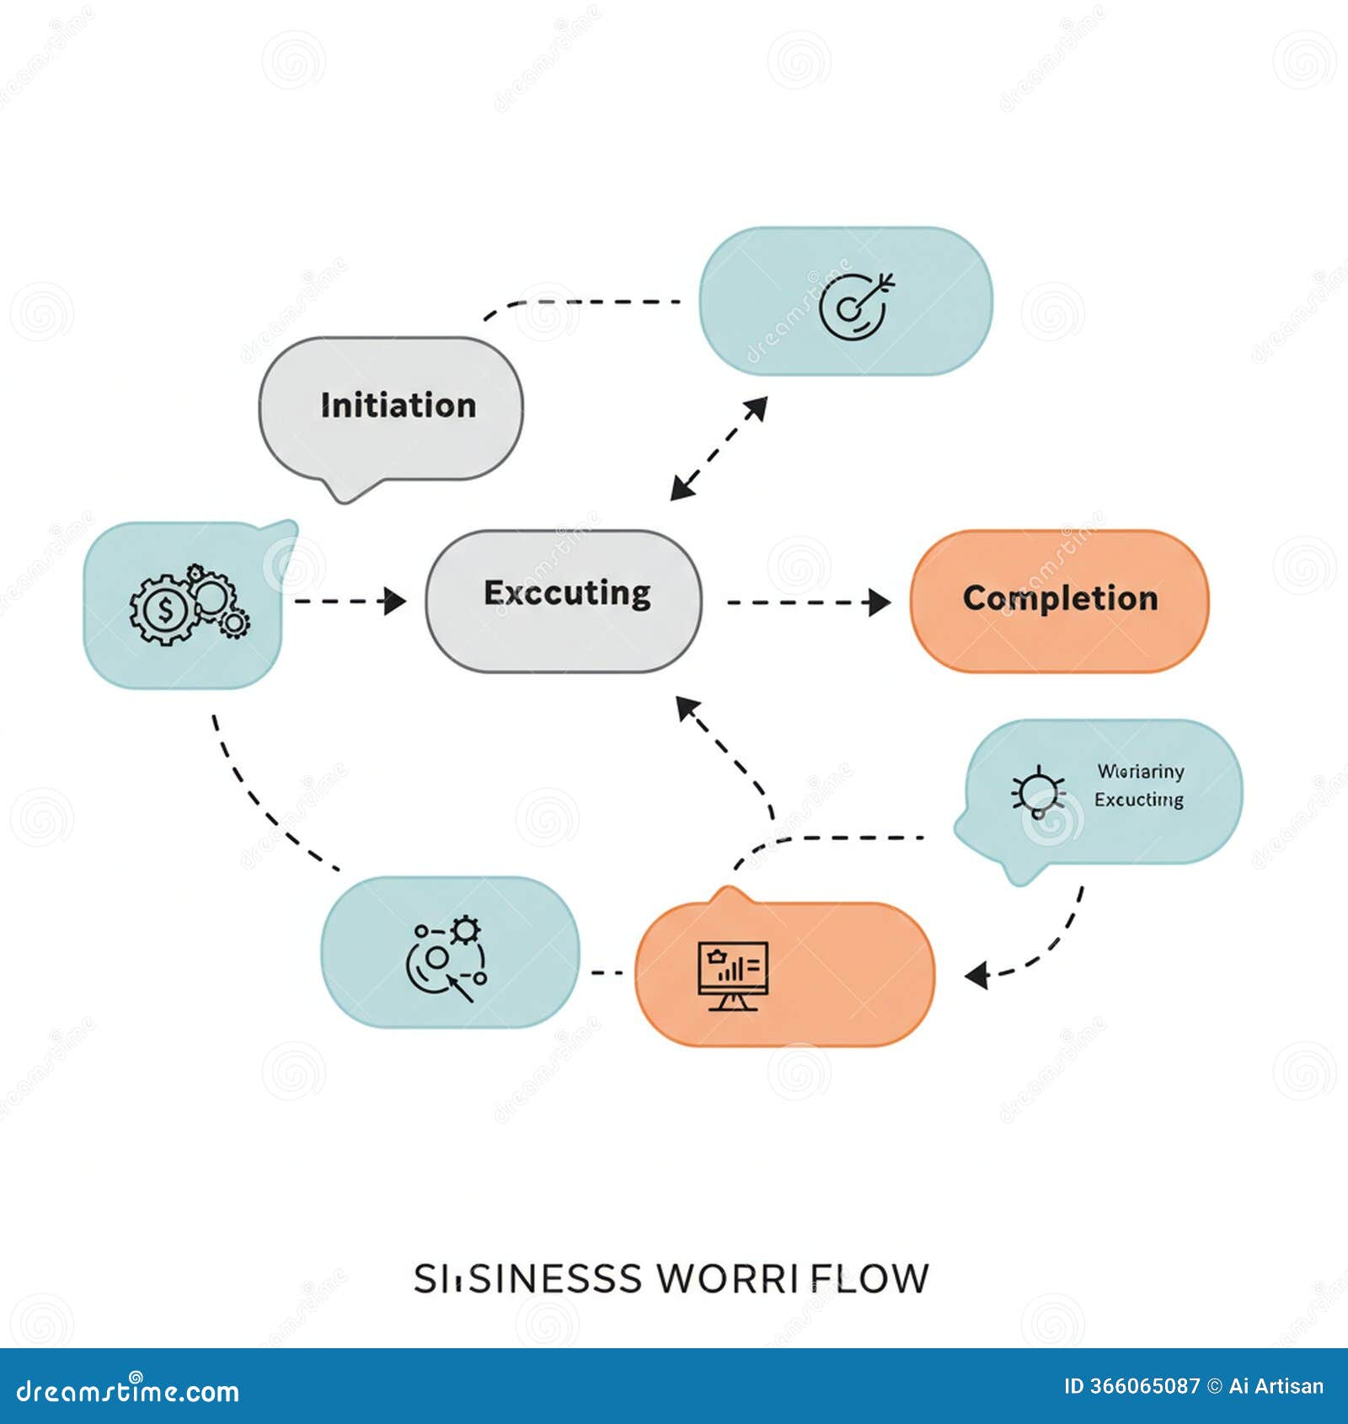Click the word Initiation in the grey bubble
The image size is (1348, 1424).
coord(398,405)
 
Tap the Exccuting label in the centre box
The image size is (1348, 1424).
coord(567,593)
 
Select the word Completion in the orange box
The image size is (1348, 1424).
coord(1060,598)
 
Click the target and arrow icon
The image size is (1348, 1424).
coord(856,306)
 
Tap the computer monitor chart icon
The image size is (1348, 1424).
coord(732,976)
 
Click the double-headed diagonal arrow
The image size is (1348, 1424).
coord(719,448)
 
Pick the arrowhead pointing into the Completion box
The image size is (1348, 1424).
coord(880,602)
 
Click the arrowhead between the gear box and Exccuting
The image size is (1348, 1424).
coord(395,601)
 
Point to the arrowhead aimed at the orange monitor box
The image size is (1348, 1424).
coord(977,976)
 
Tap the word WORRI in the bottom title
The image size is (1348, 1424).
coord(727,1279)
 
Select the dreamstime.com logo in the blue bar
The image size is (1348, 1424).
coord(128,1391)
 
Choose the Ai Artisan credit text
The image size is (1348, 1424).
coord(1276,1386)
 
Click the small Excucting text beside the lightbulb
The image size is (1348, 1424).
coord(1138,800)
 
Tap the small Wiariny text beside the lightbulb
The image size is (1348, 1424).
coord(1140,771)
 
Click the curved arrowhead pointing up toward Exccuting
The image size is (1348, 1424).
coord(688,708)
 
